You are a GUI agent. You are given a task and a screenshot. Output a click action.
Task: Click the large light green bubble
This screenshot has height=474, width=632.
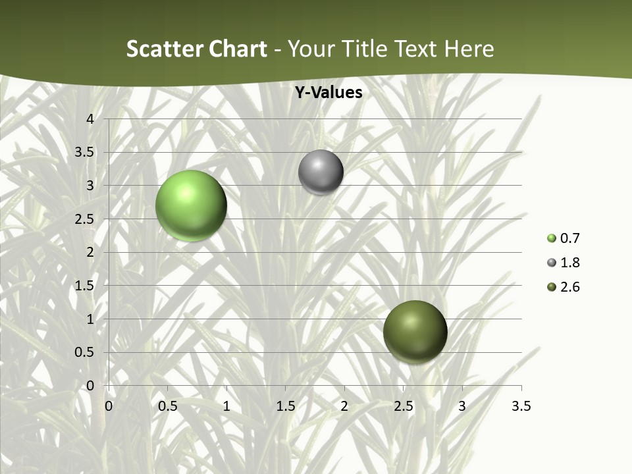click(191, 205)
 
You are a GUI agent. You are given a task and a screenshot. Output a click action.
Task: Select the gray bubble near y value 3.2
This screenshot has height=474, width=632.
click(321, 172)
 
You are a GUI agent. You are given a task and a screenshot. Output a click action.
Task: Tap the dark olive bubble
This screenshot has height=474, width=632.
click(415, 332)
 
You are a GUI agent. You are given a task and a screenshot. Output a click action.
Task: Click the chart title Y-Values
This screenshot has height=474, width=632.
click(328, 93)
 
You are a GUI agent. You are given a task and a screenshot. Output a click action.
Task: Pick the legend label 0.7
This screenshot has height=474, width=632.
click(569, 238)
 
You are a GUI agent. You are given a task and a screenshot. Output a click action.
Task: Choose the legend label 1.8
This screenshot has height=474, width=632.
click(569, 263)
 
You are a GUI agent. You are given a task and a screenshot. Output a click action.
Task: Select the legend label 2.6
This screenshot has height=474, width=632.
click(569, 287)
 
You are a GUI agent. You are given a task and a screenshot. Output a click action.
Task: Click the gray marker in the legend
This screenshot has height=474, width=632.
click(552, 263)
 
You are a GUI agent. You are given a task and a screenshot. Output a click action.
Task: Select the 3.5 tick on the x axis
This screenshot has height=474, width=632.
click(521, 406)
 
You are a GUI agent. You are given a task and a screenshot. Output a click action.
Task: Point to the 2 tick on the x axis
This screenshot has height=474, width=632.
click(344, 406)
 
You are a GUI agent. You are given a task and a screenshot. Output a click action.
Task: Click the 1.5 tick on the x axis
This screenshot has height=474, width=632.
click(285, 406)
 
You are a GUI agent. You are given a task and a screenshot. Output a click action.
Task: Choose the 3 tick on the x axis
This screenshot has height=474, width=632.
click(462, 406)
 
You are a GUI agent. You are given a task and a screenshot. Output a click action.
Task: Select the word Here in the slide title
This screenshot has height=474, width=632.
click(469, 49)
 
